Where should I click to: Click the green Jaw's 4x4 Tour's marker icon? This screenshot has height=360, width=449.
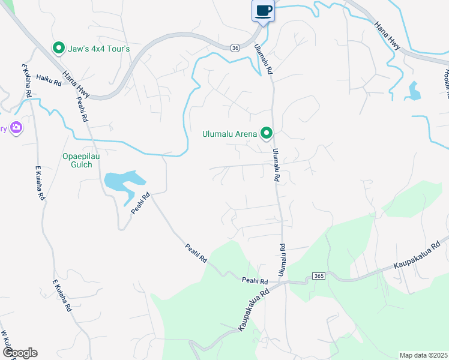59,48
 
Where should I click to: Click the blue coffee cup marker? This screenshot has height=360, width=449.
264,11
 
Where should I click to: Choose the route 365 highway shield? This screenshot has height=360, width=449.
318,276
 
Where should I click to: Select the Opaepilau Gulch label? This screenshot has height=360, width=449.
77,160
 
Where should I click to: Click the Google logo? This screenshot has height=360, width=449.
20,353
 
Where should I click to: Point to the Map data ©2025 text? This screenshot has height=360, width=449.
423,355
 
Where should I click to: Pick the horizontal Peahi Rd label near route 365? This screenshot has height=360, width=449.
255,280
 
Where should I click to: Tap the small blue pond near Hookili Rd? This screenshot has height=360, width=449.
414,91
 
